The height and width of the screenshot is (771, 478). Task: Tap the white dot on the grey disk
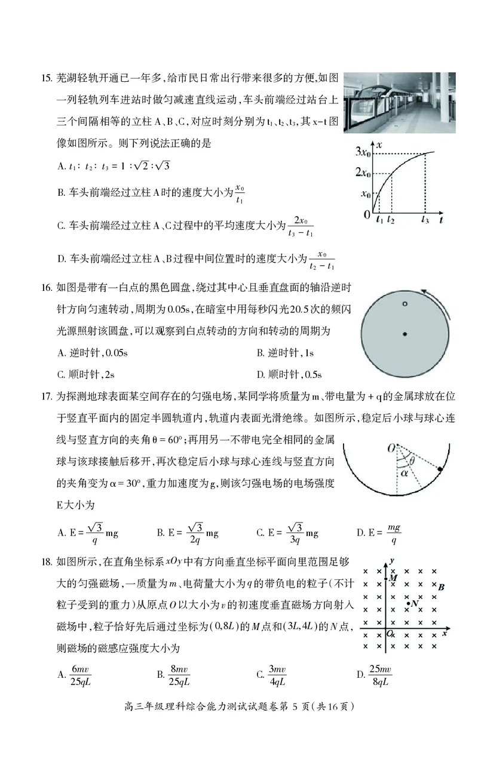point(405,305)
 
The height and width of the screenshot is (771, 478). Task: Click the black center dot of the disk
point(405,334)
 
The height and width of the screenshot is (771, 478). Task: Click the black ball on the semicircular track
point(440,470)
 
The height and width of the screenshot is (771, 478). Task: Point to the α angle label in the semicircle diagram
point(405,473)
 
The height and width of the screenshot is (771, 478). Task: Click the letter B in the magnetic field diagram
point(441,588)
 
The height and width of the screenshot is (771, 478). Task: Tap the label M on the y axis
point(393,578)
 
